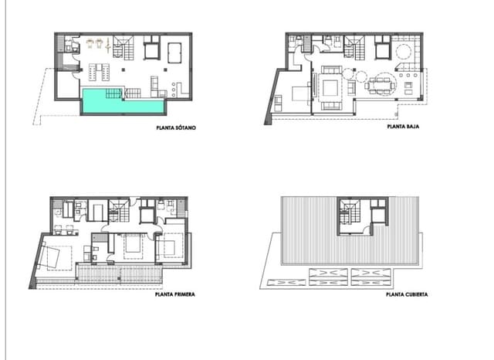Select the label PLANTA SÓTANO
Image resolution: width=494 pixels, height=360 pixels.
coord(175,129)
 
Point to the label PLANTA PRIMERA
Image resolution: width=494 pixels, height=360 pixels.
coord(174,294)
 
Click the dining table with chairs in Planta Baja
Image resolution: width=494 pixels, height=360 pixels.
coord(381,82)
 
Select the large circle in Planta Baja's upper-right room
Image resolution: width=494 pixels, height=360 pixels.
coord(404,52)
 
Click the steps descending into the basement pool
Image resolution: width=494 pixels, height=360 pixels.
coord(113,93)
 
